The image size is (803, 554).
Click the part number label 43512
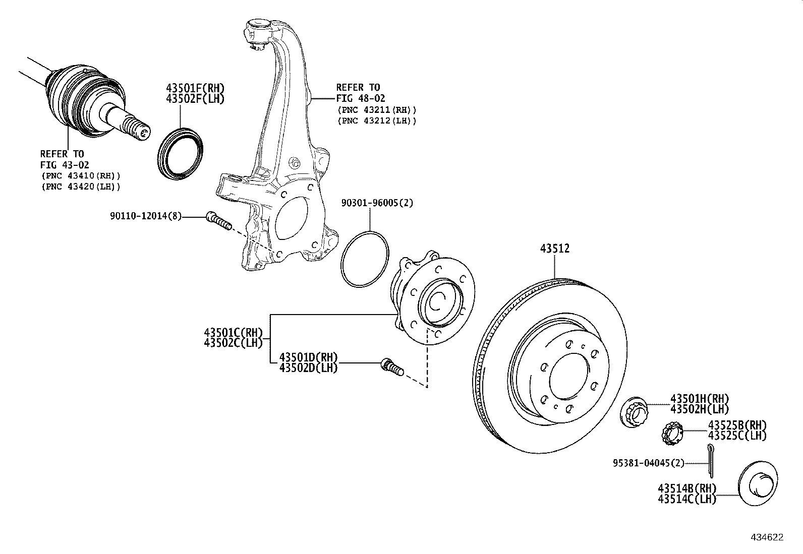[555, 249]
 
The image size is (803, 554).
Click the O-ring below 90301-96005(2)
[365, 260]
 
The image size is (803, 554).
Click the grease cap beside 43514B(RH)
[758, 486]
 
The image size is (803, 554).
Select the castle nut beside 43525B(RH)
[671, 434]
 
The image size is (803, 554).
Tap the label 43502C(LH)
[234, 343]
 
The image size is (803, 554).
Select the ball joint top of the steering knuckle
[258, 30]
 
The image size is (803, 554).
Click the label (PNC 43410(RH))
[80, 175]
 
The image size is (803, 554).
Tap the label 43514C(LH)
[686, 499]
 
